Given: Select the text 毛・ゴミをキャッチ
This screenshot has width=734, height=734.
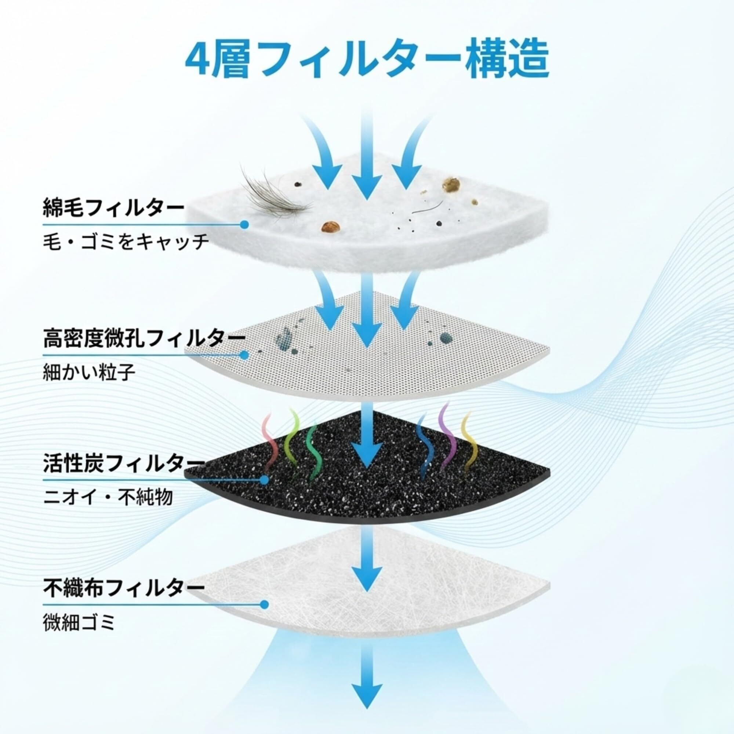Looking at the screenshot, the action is coord(126,241).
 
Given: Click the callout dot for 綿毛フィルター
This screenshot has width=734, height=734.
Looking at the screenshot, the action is coord(245,225).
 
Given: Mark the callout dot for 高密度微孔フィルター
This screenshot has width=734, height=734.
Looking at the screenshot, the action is coord(245,355).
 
